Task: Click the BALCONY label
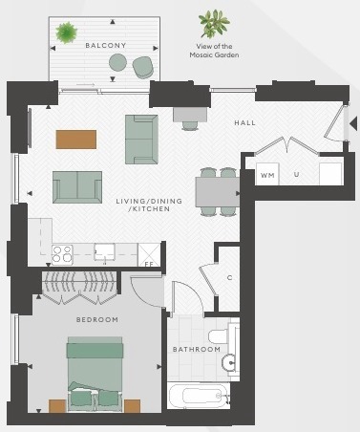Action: coord(106,46)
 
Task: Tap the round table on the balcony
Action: coord(117,62)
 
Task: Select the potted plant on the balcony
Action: coord(67,32)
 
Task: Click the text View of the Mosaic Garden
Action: coord(214,51)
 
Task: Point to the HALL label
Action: coord(244,122)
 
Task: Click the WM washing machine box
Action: coord(267,174)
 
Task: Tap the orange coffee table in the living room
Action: coord(76,140)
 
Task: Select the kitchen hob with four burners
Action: coord(62,254)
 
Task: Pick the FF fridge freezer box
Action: coord(149,255)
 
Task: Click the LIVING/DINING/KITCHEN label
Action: coord(149,205)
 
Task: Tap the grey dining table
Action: coord(218,192)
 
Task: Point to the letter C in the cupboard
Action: coord(229,278)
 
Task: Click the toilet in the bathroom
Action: coord(219,335)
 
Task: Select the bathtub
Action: coord(199,395)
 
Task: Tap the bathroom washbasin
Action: coord(228,362)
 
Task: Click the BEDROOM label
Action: coord(97,319)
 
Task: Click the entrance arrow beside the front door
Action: coord(353,123)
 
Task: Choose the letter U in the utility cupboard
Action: coord(296,174)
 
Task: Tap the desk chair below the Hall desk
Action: coord(190,125)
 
